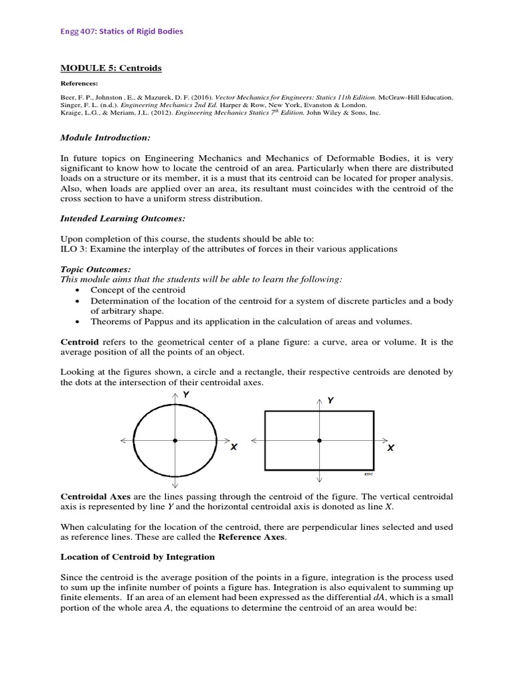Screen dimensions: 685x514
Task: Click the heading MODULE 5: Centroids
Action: pyautogui.click(x=111, y=68)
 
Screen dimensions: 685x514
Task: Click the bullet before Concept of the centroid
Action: pyautogui.click(x=78, y=290)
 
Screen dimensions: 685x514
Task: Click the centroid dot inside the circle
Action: pyautogui.click(x=175, y=440)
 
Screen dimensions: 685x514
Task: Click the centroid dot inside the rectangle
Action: pyautogui.click(x=319, y=440)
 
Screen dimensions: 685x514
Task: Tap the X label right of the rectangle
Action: pyautogui.click(x=391, y=448)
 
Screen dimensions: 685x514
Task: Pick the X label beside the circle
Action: pyautogui.click(x=234, y=448)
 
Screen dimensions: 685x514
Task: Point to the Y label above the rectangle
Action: pyautogui.click(x=331, y=400)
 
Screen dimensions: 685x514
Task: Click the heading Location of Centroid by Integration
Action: pyautogui.click(x=138, y=557)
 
